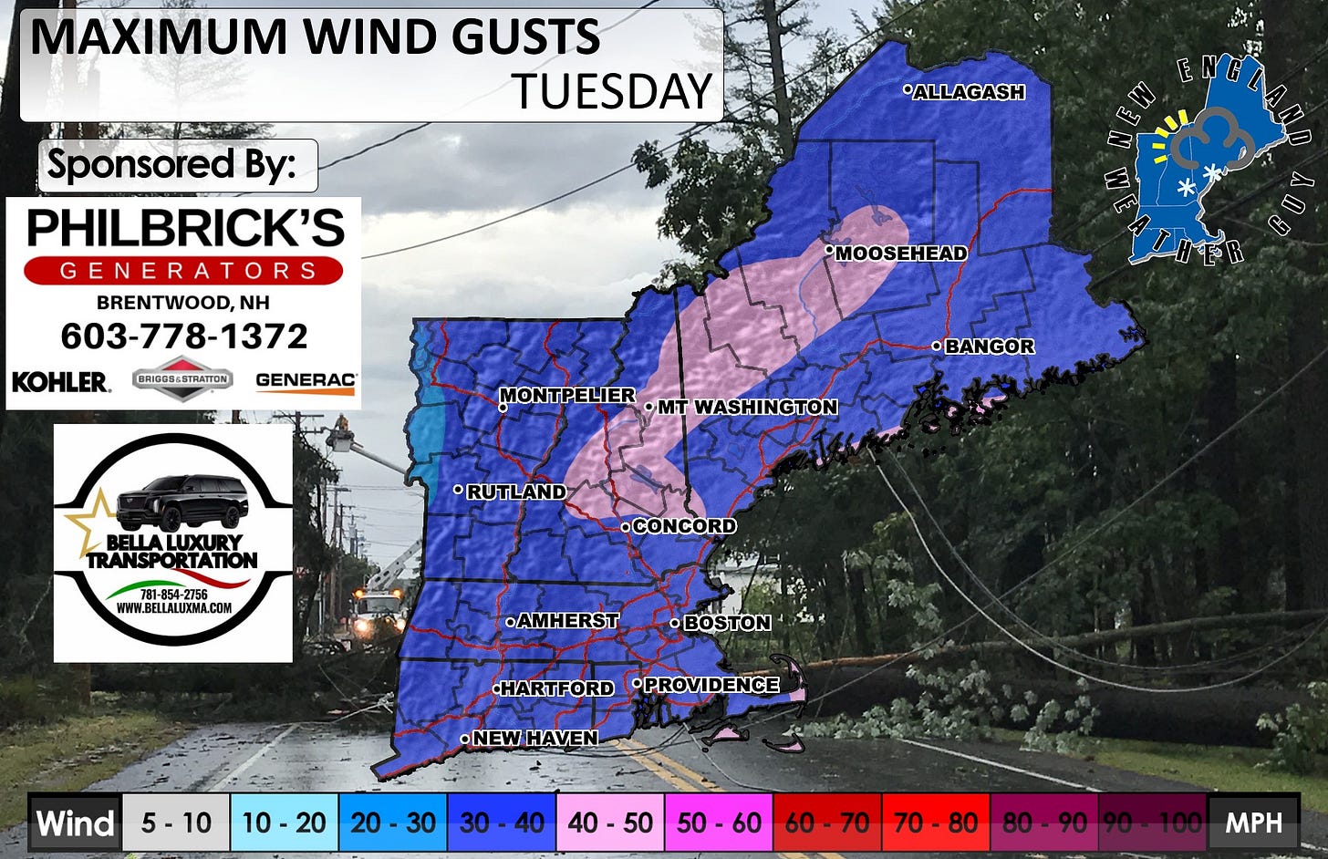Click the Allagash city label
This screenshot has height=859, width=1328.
point(969,92)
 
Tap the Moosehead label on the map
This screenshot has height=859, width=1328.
point(901,254)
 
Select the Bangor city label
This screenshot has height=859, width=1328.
point(990,347)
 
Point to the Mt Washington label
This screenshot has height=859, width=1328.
point(747,408)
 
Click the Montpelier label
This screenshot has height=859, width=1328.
point(567,396)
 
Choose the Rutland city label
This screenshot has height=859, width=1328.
point(516,492)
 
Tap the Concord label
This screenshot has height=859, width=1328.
point(684,526)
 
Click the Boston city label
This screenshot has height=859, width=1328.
point(727,624)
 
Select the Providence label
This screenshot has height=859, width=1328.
point(711,685)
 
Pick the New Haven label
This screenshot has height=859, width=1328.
point(535,739)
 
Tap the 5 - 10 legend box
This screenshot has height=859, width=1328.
point(176,823)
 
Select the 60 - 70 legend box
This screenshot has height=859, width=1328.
point(827,823)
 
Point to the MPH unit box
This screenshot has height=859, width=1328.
point(1253,823)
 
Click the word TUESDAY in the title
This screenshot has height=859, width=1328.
point(611,91)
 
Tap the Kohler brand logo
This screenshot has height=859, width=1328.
point(60,382)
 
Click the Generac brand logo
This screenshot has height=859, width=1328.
point(306,382)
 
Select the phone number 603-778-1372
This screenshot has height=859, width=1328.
point(184,336)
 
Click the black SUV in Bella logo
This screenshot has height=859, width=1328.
point(183,502)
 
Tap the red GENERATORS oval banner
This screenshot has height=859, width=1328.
point(183,271)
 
